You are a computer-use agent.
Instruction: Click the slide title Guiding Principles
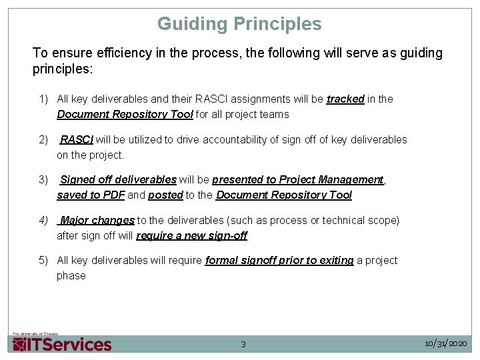point(239,24)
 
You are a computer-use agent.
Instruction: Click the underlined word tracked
point(345,99)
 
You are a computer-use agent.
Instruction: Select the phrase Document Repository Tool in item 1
point(125,114)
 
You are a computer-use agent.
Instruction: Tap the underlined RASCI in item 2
point(77,139)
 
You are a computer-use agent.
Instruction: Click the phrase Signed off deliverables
point(119,179)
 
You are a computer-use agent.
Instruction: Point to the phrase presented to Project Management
point(298,179)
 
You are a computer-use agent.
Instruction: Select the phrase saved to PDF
point(91,195)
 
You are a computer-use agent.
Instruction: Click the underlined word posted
point(165,195)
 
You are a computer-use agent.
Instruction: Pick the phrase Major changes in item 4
point(97,220)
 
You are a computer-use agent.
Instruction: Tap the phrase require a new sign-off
point(191,235)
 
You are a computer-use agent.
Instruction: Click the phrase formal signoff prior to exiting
point(279,260)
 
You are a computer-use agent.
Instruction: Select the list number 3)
point(44,179)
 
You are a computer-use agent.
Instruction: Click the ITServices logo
point(62,343)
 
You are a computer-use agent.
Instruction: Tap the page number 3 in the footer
point(243,345)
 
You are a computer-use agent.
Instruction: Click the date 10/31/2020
point(446,343)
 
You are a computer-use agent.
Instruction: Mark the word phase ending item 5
point(71,275)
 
